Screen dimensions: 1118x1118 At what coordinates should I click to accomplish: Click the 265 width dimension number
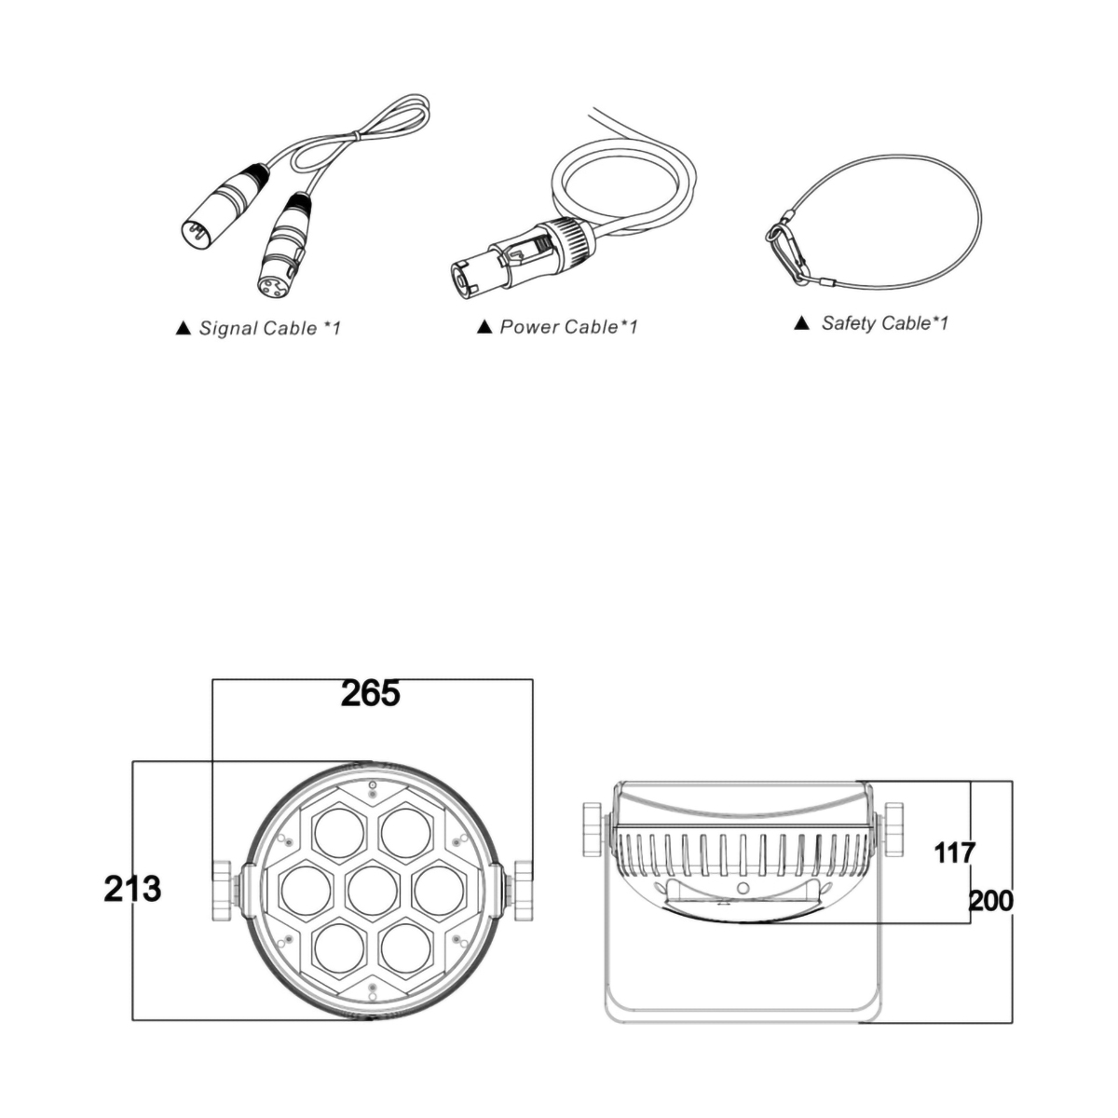(x=370, y=693)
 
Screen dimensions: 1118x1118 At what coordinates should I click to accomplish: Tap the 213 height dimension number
(x=132, y=889)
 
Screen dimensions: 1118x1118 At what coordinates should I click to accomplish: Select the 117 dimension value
(x=954, y=852)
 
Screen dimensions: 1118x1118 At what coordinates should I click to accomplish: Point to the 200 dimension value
(x=991, y=901)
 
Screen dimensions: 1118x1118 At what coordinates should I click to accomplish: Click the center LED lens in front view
(x=373, y=891)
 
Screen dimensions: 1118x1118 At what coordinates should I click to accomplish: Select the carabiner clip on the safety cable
(x=788, y=251)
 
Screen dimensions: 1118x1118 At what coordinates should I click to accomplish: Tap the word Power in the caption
(x=526, y=327)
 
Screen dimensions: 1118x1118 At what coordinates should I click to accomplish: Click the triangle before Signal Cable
(x=184, y=328)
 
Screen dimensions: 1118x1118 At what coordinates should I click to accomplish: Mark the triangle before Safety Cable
(x=801, y=322)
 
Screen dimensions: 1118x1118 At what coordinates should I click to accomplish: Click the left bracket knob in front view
(x=224, y=890)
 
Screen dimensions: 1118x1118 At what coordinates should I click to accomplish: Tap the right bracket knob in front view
(x=523, y=890)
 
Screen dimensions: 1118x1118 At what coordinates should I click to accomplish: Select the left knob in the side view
(x=593, y=830)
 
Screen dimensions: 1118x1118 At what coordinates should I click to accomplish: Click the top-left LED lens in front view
(x=339, y=833)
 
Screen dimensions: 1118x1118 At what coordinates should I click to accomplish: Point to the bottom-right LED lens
(x=406, y=948)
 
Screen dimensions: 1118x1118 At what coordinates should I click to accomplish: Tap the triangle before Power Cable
(x=484, y=327)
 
